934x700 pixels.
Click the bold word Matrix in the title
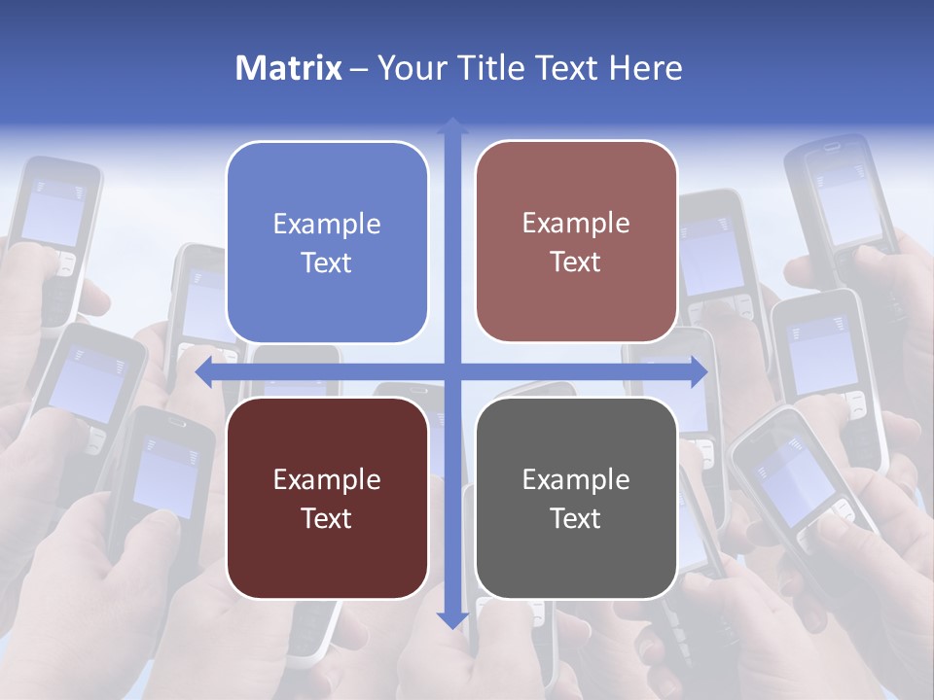pyautogui.click(x=289, y=68)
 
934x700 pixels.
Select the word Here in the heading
pyautogui.click(x=645, y=68)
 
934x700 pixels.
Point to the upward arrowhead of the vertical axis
pyautogui.click(x=451, y=124)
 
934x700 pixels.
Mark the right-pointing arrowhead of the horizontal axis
pyautogui.click(x=699, y=371)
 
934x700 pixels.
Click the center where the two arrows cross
pyautogui.click(x=451, y=371)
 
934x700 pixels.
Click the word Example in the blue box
pyautogui.click(x=327, y=225)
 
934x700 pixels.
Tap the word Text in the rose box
pyautogui.click(x=576, y=262)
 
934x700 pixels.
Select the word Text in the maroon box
pyautogui.click(x=327, y=518)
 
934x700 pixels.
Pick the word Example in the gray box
pyautogui.click(x=576, y=479)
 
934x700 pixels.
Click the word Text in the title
pyautogui.click(x=566, y=68)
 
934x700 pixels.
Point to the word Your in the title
pyautogui.click(x=408, y=68)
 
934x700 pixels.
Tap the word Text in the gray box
pyautogui.click(x=576, y=518)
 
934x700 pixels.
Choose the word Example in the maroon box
pyautogui.click(x=327, y=479)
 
